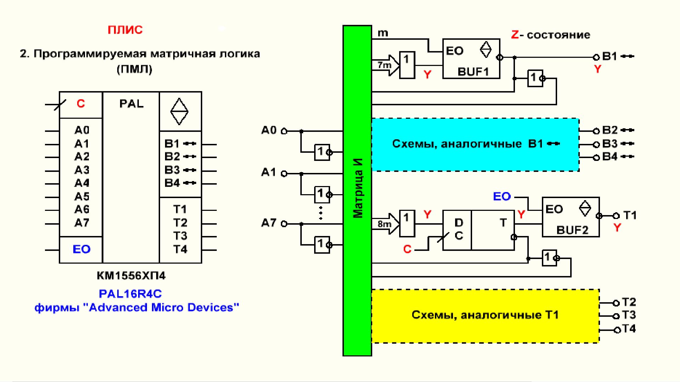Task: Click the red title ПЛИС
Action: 125,30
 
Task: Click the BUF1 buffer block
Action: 471,58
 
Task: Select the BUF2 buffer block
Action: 571,217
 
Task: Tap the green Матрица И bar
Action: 357,191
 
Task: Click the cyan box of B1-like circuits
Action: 475,145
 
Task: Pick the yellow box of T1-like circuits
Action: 485,316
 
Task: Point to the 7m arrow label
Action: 384,65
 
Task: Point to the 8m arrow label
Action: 384,224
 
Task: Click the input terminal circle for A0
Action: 284,131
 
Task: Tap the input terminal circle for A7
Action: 284,224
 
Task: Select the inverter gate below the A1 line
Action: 322,195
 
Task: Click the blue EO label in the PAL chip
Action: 81,249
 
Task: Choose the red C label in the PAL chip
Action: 81,103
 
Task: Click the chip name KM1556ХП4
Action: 131,276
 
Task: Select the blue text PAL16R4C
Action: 130,294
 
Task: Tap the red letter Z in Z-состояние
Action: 515,35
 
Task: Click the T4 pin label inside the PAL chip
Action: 180,249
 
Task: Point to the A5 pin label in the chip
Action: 82,197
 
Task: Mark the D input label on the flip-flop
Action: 459,223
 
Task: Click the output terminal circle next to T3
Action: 617,316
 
